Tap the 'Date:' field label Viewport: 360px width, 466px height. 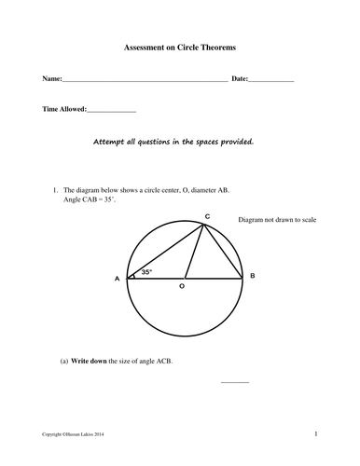pyautogui.click(x=240, y=79)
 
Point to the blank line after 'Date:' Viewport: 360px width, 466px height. pyautogui.click(x=271, y=82)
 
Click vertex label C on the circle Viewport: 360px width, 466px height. pyautogui.click(x=207, y=216)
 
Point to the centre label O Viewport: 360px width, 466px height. pyautogui.click(x=182, y=289)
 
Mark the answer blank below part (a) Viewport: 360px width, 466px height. pyautogui.click(x=235, y=382)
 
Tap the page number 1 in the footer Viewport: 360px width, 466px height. pyautogui.click(x=317, y=433)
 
